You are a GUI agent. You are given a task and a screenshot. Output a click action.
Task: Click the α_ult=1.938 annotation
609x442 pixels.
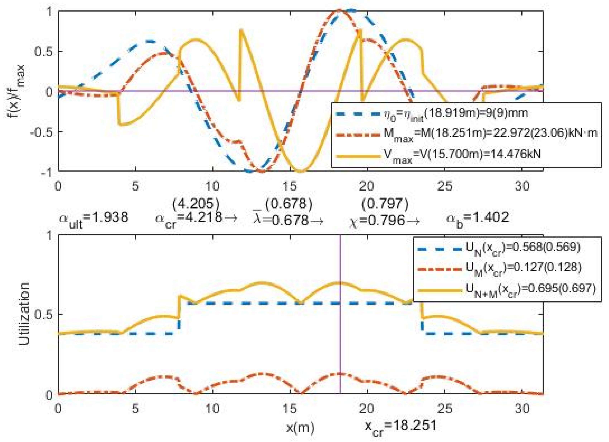[93, 218]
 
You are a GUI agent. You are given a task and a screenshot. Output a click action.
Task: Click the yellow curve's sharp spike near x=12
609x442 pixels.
[241, 31]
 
